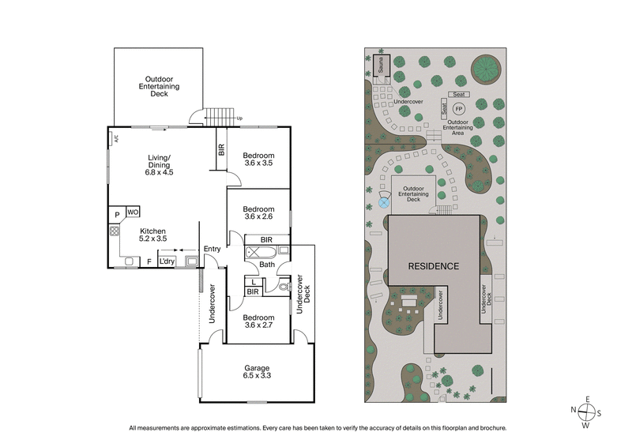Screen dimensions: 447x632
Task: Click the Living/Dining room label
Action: [159, 164]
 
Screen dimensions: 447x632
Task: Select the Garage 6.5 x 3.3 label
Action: [257, 373]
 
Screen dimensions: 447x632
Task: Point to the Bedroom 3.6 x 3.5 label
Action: [258, 158]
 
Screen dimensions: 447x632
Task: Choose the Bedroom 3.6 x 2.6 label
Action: [258, 213]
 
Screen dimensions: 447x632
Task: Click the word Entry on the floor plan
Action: [212, 250]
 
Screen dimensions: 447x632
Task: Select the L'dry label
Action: [167, 261]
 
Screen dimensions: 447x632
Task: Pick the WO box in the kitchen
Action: [134, 212]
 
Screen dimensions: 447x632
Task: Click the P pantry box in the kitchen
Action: [117, 214]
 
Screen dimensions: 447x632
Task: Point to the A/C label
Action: [116, 139]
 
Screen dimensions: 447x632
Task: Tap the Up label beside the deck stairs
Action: [239, 119]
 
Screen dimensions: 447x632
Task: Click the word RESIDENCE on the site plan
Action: [433, 266]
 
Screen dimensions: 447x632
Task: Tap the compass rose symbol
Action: [585, 411]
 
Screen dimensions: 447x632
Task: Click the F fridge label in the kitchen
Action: [149, 261]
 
